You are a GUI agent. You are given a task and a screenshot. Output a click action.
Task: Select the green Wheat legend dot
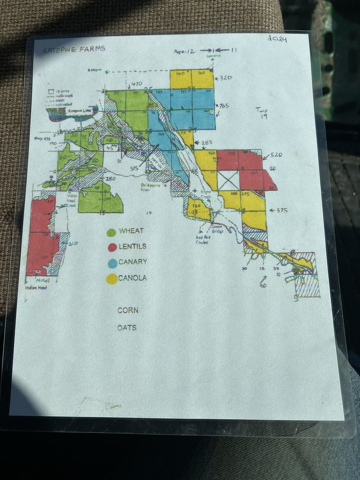coord(112,232)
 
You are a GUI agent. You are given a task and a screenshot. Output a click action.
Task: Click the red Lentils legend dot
coord(112,247)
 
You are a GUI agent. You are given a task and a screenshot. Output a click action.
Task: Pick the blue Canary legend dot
coord(112,263)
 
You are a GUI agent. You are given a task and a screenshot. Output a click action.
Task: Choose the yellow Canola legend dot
coord(112,278)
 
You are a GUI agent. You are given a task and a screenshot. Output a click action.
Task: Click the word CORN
coord(128,310)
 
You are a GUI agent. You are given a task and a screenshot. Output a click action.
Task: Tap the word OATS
coord(127,328)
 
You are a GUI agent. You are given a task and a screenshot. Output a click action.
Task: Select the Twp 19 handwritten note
coord(263,113)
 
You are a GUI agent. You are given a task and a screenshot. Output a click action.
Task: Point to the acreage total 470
coord(137,84)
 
